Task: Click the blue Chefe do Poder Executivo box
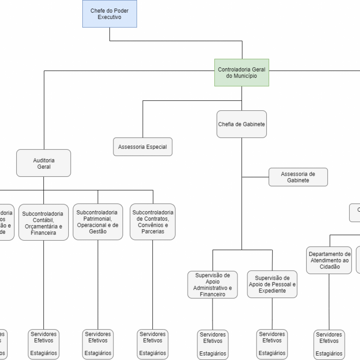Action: (109, 14)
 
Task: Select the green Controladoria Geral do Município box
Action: (242, 72)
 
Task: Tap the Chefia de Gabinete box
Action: (242, 124)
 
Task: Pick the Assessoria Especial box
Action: (142, 147)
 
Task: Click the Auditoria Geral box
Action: (44, 163)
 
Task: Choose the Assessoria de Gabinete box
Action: (298, 177)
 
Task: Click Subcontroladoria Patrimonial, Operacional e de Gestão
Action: (98, 222)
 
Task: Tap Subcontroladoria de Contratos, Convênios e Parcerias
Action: (153, 222)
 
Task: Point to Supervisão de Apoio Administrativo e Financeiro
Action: (212, 285)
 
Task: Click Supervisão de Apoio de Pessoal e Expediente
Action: (272, 284)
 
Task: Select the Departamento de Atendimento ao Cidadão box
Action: (329, 260)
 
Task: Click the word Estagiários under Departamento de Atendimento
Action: (329, 354)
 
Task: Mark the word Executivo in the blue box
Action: (109, 17)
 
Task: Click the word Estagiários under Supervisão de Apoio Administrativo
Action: (213, 354)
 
